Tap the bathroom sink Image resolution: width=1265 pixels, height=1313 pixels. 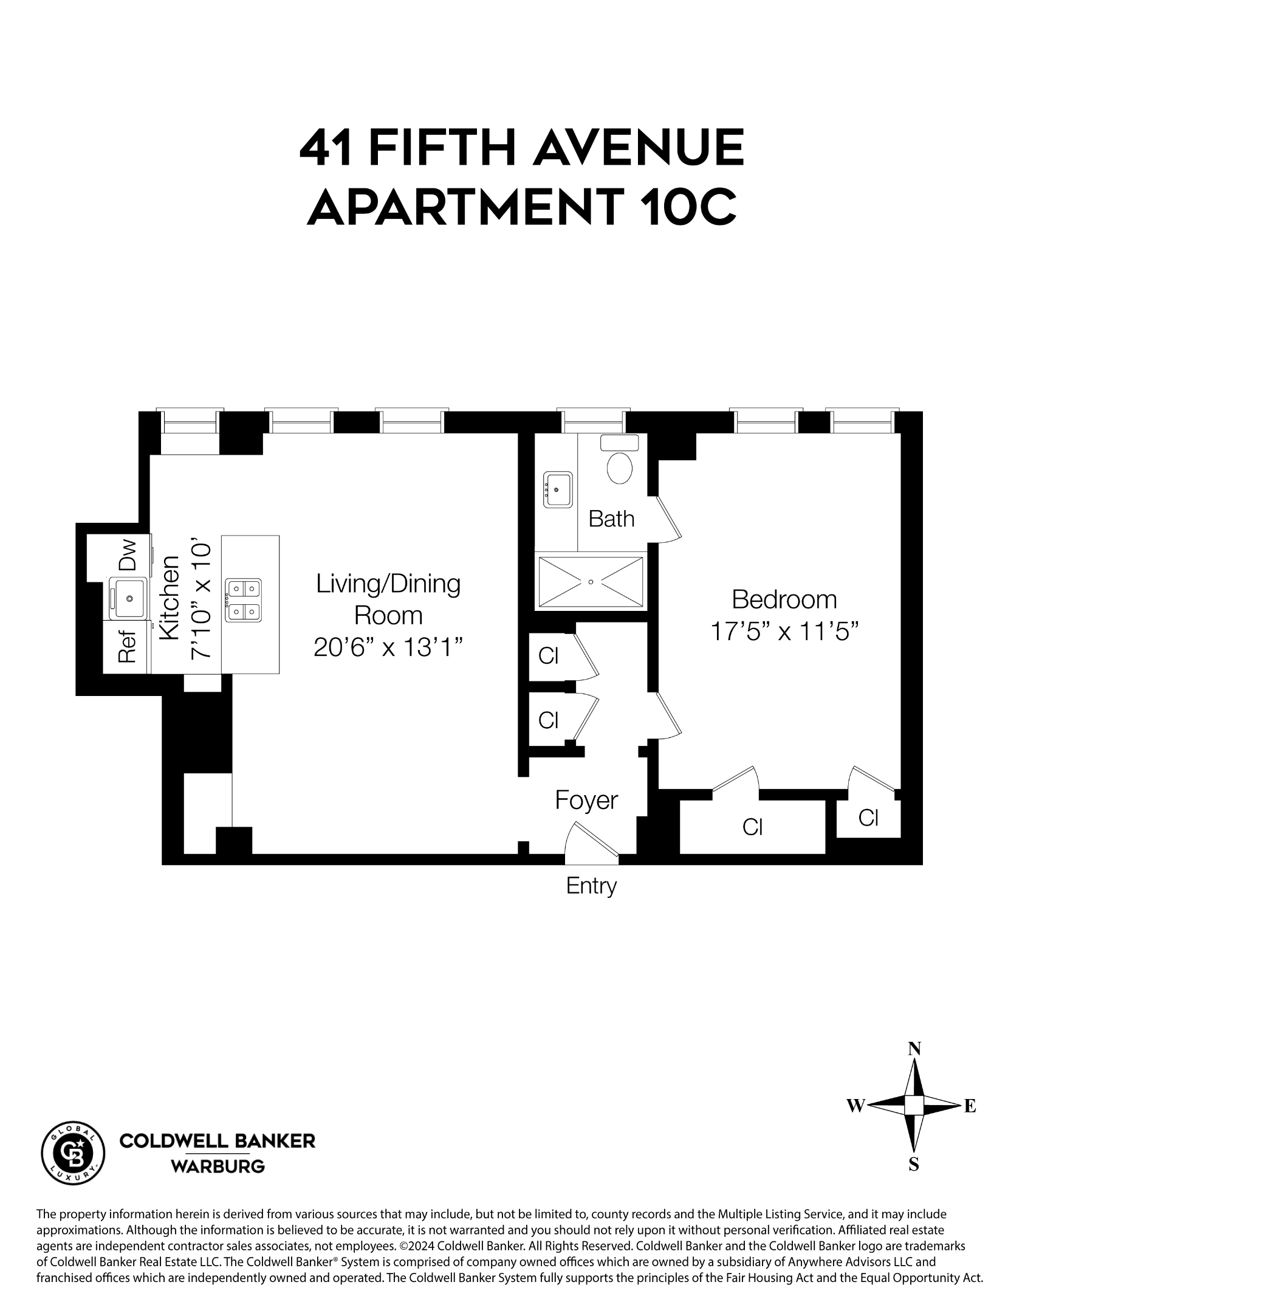(x=557, y=490)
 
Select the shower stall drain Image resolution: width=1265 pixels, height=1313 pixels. (x=590, y=582)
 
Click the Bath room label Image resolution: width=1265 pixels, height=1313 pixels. (x=611, y=519)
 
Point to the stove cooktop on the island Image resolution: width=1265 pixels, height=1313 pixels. (x=242, y=600)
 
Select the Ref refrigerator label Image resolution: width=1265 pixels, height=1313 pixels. (x=127, y=646)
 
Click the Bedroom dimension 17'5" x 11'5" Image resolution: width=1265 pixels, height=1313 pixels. (x=784, y=631)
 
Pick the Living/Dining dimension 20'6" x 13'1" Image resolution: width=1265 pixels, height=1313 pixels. (x=388, y=647)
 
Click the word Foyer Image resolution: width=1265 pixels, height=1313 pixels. (x=586, y=800)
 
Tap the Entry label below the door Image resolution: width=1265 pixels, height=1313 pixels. (x=591, y=886)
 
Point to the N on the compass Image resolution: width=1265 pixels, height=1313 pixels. (x=914, y=1049)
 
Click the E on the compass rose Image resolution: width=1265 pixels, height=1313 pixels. (x=970, y=1107)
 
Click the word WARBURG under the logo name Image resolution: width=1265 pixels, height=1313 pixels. (x=218, y=1167)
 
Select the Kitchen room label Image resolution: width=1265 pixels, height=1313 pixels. (x=170, y=598)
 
